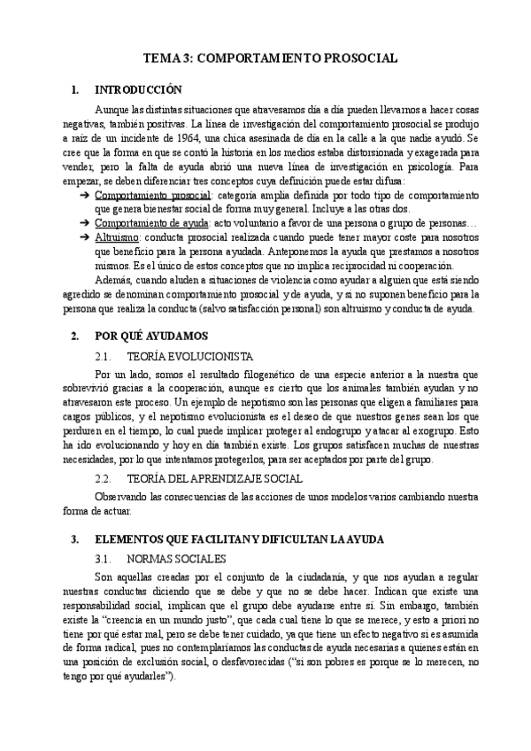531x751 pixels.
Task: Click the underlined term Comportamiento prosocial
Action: tap(152, 195)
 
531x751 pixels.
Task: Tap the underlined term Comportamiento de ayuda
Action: tap(150, 223)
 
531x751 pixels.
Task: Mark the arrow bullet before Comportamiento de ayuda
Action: tap(84, 223)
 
